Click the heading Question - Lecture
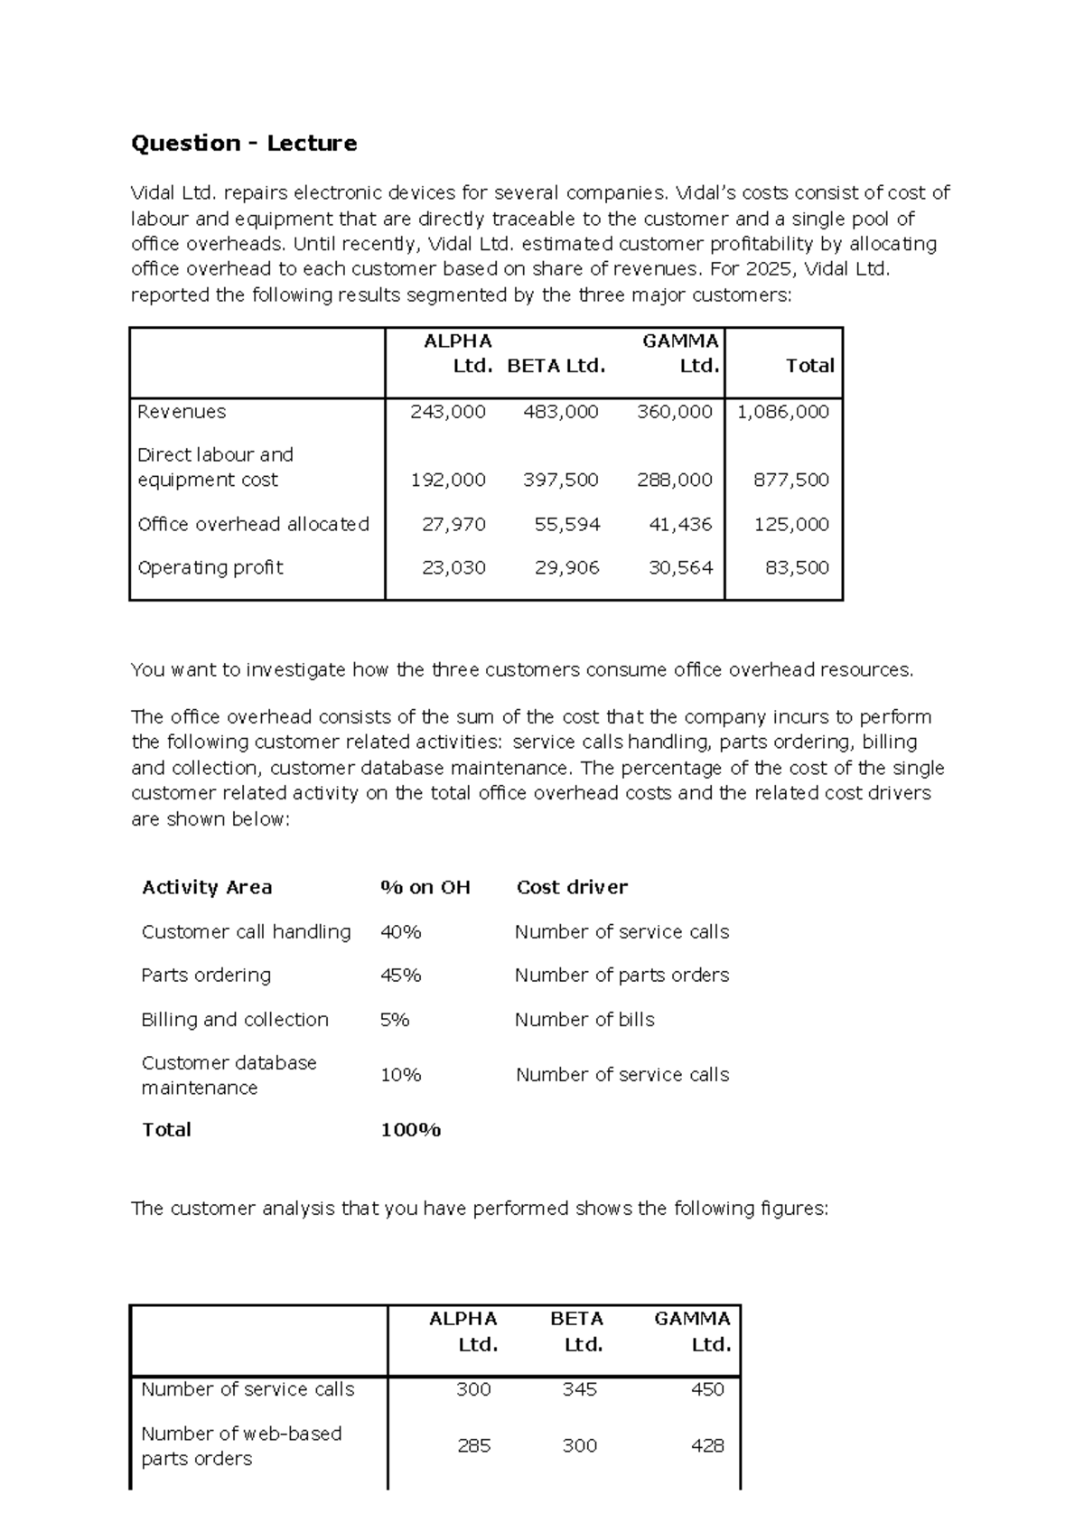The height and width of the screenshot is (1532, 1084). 244,143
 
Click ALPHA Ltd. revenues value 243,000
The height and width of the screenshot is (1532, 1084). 448,412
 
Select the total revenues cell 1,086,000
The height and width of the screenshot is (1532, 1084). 783,412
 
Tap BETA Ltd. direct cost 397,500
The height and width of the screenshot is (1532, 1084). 561,480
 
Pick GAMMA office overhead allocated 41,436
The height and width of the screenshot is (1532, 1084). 680,524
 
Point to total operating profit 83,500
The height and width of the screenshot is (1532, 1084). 797,567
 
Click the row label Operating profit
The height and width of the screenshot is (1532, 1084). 210,567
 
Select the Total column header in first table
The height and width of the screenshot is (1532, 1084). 809,366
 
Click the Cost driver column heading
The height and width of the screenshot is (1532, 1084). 572,887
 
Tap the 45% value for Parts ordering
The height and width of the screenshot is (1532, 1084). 401,975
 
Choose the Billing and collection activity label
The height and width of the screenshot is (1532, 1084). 235,1019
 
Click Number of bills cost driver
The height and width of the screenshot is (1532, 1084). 584,1019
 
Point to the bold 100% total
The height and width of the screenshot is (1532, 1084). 411,1129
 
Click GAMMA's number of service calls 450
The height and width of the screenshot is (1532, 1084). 707,1389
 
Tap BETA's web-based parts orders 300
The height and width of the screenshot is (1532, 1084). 580,1445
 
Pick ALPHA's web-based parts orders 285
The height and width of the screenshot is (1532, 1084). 474,1445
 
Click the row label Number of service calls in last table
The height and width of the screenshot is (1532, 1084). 248,1389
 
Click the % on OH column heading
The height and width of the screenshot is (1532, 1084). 425,887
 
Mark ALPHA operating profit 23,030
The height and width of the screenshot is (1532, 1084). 453,567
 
